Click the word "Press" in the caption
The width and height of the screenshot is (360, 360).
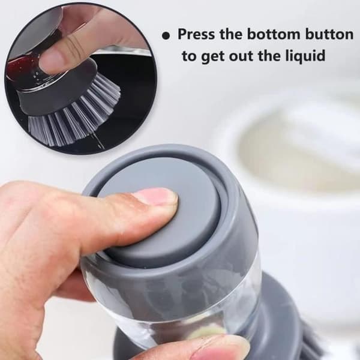197,34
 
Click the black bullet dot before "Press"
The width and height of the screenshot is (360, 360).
166,36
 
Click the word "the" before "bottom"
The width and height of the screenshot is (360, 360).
231,34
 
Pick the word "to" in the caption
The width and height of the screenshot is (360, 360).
190,56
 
